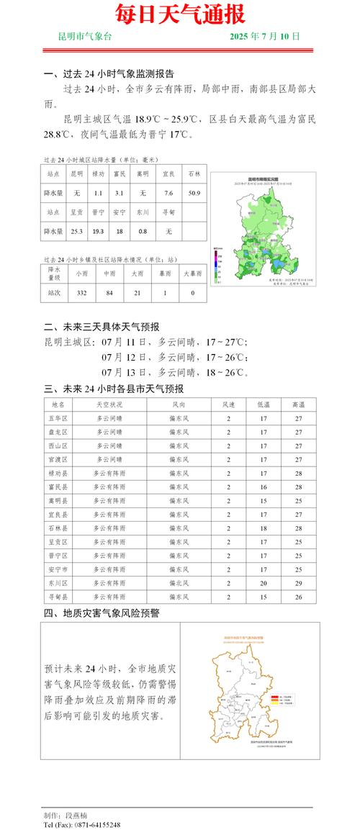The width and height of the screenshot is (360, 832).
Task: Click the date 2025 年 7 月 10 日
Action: coord(264,36)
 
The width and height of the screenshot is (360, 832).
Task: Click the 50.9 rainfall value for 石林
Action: coord(194,194)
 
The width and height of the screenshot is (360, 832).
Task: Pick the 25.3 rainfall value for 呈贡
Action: coord(76,231)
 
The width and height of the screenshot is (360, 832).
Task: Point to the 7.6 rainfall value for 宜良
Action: coord(168,194)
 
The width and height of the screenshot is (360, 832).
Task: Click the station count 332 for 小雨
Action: coord(81,293)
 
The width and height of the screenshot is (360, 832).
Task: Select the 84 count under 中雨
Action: coord(110,293)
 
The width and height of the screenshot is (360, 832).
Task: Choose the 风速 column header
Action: coord(229,405)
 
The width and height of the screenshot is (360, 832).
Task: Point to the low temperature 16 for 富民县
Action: coord(264,487)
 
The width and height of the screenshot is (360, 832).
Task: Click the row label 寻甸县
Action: coord(59,597)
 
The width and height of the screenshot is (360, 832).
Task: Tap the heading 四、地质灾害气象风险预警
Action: coord(102,614)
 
